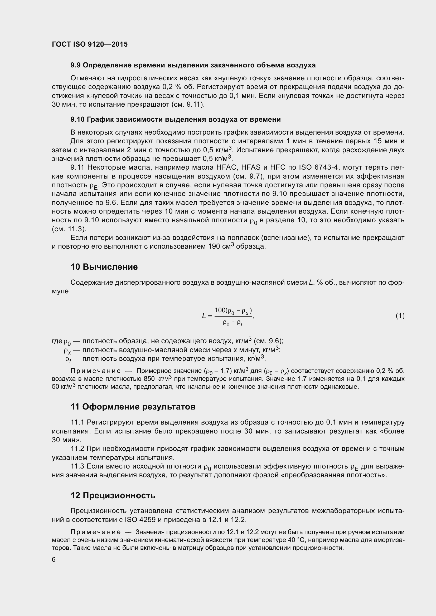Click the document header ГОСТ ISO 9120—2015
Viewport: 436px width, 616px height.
tap(90, 44)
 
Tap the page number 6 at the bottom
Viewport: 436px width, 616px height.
tap(54, 559)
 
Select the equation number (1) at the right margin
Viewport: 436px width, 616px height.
tap(400, 316)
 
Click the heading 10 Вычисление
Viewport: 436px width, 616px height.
tap(104, 267)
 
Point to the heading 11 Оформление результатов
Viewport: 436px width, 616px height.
tap(133, 407)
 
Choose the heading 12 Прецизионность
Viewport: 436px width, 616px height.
tap(113, 495)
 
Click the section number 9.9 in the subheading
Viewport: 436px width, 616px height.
tap(75, 65)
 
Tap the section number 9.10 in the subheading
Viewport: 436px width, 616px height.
tap(77, 119)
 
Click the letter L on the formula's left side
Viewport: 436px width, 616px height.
tap(204, 316)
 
